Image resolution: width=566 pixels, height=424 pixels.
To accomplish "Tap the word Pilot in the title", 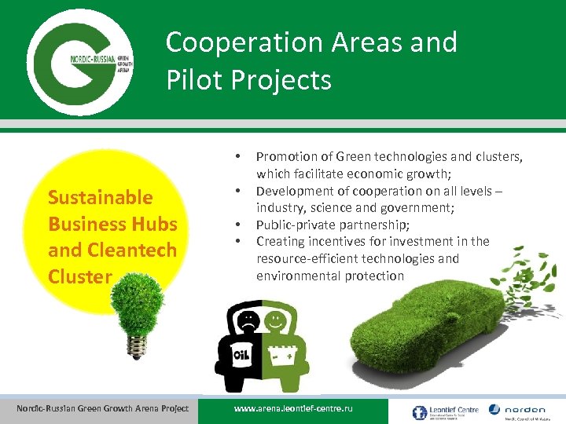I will [193, 79].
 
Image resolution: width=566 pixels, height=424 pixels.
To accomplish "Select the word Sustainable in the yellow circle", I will [100, 196].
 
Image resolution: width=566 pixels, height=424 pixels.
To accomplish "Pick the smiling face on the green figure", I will [275, 321].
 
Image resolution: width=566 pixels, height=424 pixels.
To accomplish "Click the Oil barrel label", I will [241, 358].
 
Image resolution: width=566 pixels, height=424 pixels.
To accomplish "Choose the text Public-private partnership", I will [332, 225].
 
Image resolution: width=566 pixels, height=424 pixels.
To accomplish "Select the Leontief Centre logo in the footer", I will [442, 411].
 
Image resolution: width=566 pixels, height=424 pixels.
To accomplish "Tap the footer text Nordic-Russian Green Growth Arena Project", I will [102, 408].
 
